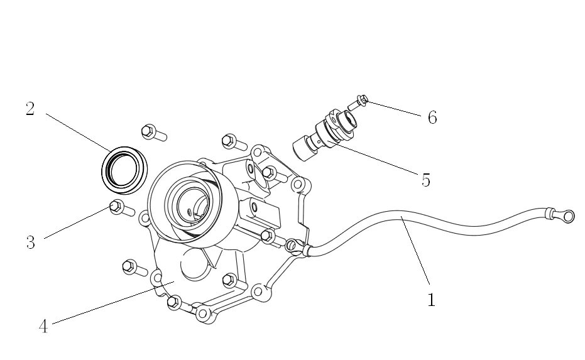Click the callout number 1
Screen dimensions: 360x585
point(431,300)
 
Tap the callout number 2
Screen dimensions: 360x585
point(30,109)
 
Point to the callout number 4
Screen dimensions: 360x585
point(43,327)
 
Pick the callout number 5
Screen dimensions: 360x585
point(425,180)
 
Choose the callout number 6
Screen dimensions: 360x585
point(432,117)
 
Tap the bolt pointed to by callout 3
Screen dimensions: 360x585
point(119,208)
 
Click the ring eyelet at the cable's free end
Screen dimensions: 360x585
point(569,217)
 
